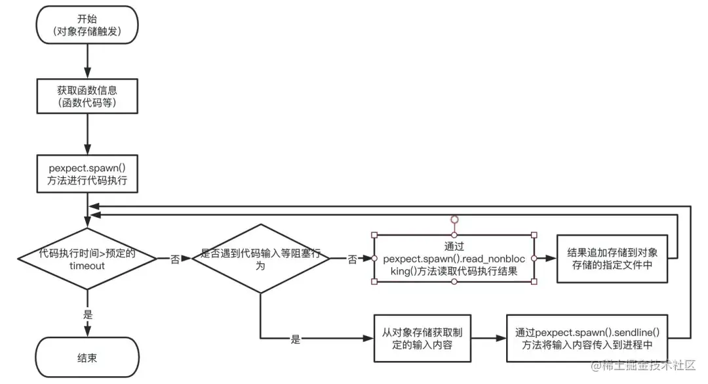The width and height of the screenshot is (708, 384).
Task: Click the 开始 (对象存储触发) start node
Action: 87,25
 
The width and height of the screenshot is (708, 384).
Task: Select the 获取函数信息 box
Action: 87,96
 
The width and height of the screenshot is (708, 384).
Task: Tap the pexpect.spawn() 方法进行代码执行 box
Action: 87,173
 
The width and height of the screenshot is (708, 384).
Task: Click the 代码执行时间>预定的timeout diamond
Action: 87,259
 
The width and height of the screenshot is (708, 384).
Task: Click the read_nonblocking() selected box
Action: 454,259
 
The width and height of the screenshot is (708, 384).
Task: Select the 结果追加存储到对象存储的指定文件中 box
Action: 611,259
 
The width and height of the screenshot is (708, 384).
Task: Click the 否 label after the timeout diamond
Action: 175,259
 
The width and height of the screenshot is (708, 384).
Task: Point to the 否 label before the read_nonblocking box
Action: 353,259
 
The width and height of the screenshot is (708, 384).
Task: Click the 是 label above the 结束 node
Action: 87,314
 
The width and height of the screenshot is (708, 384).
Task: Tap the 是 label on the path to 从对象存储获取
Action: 296,339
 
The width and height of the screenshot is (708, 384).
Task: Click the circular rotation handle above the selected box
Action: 454,219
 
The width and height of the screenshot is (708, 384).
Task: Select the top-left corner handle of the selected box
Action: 374,235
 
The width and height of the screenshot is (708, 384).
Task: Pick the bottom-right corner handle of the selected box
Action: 534,282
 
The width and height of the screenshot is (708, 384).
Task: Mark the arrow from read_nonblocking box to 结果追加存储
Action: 545,259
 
